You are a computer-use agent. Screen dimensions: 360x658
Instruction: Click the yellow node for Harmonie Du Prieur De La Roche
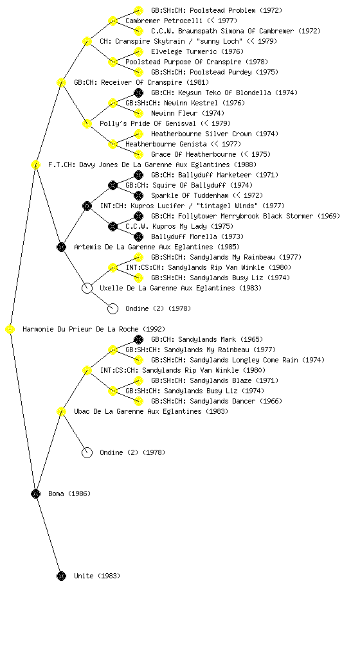pos(10,330)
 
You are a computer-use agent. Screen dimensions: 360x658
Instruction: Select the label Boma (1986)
pos(69,493)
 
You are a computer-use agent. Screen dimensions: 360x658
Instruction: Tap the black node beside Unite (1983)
pos(61,576)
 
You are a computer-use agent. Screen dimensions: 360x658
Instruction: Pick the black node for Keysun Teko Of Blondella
pos(138,93)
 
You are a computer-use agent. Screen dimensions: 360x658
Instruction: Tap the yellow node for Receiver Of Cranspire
pos(61,82)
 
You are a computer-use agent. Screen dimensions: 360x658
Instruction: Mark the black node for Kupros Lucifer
pos(87,206)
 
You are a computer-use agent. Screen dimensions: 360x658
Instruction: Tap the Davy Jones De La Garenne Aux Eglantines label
pos(152,164)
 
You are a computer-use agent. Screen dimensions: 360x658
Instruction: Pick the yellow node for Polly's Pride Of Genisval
pos(87,123)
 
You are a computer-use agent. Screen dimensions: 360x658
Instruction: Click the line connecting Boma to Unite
pos(48,535)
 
